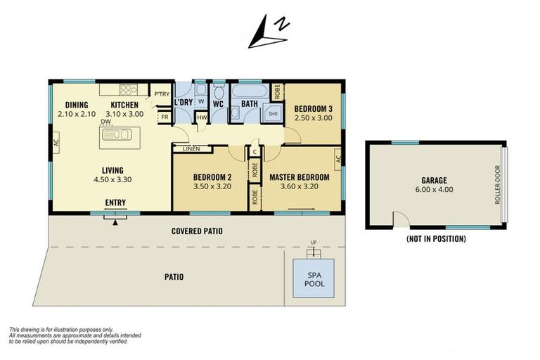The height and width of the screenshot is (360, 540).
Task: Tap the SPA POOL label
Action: point(314,279)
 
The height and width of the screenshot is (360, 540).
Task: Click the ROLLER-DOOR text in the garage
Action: point(497,185)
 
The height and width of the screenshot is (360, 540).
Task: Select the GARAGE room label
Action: point(435,180)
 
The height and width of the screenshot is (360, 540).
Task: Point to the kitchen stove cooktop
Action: point(129,89)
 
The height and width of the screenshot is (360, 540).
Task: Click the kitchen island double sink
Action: point(117,134)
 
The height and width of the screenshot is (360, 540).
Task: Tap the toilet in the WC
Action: point(219,92)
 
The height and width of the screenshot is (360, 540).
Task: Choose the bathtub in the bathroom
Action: point(250,91)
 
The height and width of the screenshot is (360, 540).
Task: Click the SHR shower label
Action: point(273,114)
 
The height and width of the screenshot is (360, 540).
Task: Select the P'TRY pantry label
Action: point(162,94)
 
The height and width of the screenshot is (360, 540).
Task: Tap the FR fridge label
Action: point(165,117)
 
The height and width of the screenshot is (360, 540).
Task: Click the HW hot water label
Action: point(202,117)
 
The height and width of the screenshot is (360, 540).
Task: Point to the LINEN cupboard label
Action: point(191,149)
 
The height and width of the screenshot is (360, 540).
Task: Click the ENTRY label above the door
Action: point(115,202)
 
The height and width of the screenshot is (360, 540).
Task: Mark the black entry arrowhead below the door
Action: point(115,223)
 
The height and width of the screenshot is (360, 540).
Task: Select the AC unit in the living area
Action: point(56,142)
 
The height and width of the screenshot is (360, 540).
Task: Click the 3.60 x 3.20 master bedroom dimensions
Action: point(300,186)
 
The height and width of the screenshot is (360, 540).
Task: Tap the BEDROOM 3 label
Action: point(313,109)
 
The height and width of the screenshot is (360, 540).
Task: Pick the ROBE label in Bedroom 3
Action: point(277,92)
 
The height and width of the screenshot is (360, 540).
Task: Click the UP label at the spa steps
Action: point(314,243)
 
